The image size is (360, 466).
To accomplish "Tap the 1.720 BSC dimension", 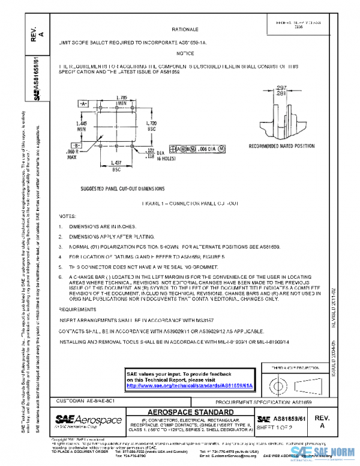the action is pos(152,126).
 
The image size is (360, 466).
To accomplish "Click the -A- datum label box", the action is pos(83,103).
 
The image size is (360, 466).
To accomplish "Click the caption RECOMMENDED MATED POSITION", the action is pos(281,146).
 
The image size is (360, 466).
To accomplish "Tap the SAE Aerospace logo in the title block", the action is pos(88,420).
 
